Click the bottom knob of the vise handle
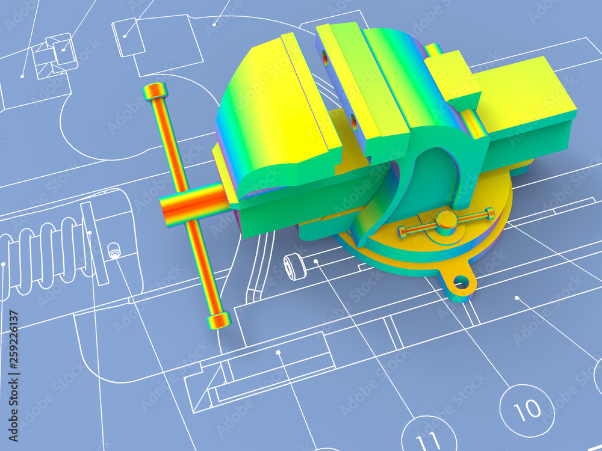[219, 320]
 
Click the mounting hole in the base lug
[461, 281]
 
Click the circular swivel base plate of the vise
[421, 247]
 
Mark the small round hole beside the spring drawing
[114, 251]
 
